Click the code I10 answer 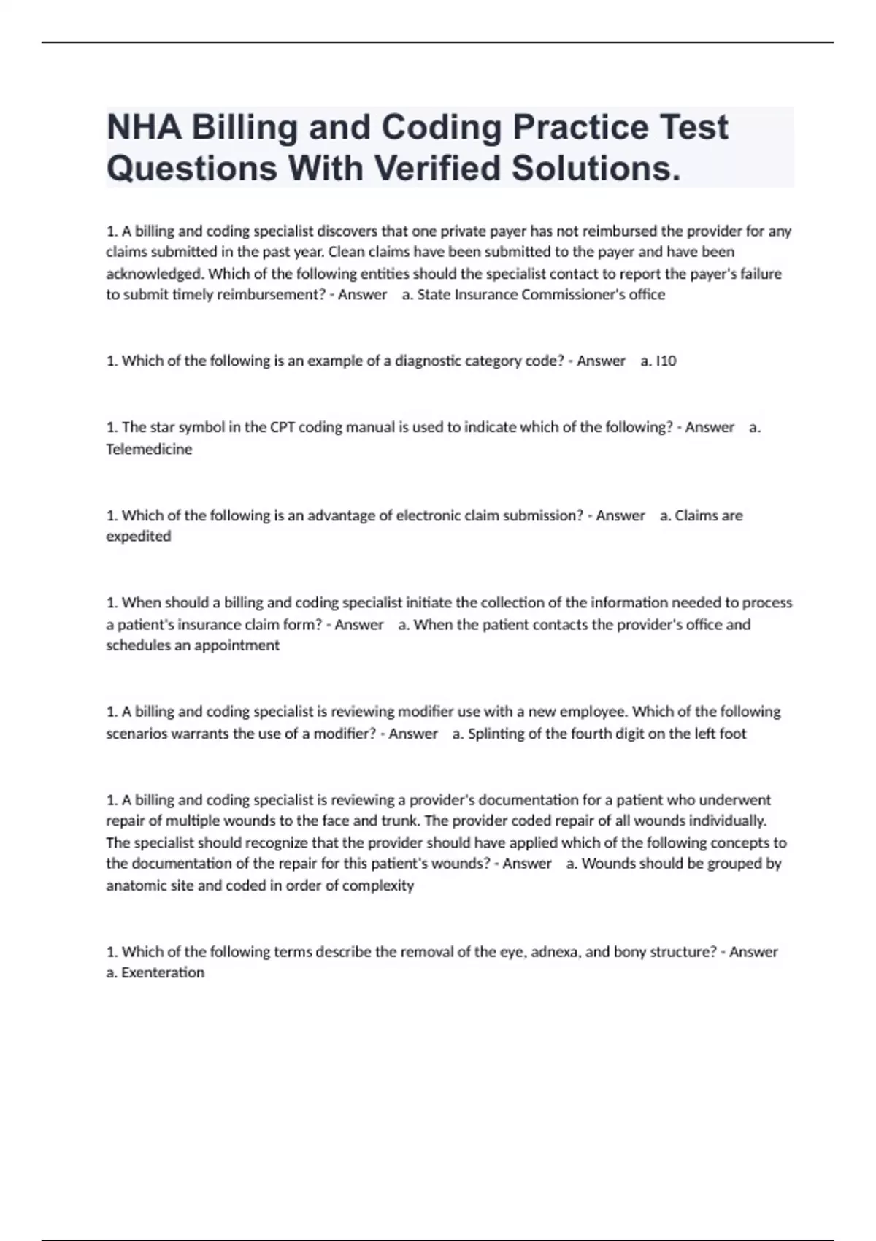pos(666,361)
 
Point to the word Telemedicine pos(149,449)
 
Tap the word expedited pos(139,537)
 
